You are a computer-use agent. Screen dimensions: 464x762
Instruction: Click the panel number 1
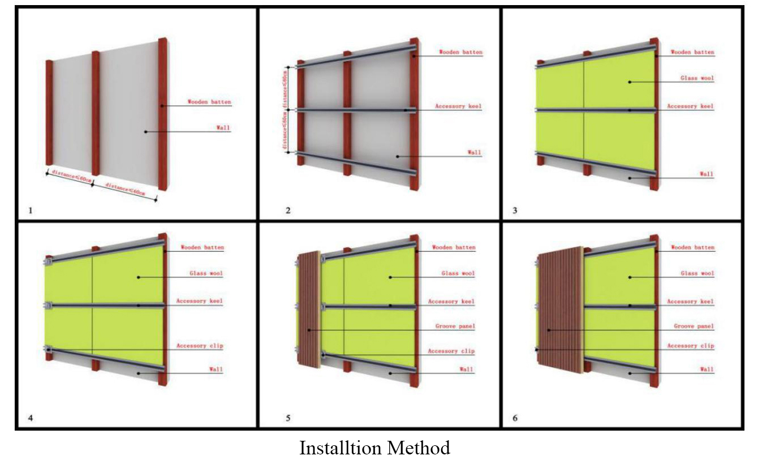(31, 211)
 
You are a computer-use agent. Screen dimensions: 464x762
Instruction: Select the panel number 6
(515, 419)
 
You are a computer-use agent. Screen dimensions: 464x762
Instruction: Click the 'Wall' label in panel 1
(223, 128)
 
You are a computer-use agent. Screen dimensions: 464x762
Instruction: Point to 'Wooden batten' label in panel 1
(209, 102)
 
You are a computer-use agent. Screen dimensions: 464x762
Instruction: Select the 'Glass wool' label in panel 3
(698, 79)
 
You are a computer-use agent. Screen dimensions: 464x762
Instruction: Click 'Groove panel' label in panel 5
(455, 326)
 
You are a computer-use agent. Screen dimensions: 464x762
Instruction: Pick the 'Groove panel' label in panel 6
(694, 326)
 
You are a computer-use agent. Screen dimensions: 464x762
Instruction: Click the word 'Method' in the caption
(419, 448)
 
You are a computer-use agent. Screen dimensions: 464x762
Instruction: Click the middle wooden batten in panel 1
(96, 113)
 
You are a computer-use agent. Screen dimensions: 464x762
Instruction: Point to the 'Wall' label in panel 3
(707, 174)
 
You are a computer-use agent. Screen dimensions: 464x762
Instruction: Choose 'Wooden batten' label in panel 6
(692, 247)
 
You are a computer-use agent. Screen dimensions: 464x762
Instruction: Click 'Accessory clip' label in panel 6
(690, 346)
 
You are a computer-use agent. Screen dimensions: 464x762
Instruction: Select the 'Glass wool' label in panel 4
(206, 274)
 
